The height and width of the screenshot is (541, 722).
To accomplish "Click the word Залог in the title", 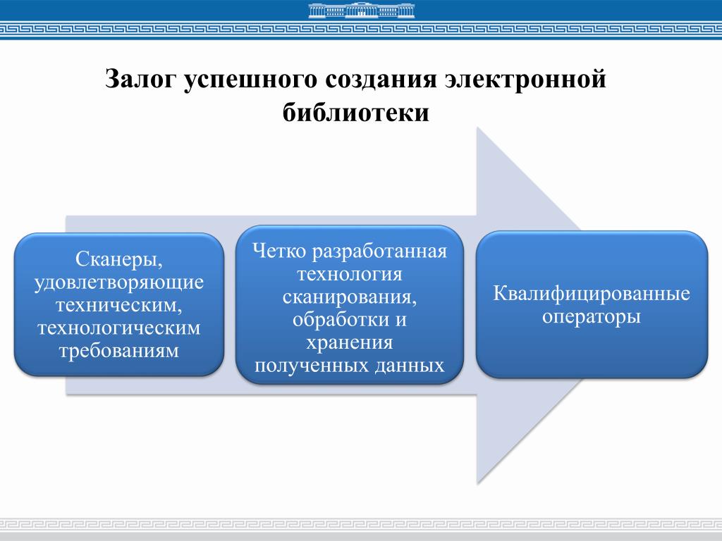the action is point(140,79).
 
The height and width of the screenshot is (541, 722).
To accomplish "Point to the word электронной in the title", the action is point(526,79).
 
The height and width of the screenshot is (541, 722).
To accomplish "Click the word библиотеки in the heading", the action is point(356,113).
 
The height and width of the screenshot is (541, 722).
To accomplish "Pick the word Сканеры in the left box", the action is point(118,260).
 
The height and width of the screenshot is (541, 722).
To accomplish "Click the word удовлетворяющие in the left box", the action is point(119,282).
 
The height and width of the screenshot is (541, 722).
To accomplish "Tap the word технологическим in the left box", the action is point(119,328).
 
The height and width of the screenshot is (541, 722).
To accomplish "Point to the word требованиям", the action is point(119,350).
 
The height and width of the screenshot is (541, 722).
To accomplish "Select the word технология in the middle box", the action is point(350,274).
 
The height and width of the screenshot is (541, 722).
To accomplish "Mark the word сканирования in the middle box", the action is point(350,297).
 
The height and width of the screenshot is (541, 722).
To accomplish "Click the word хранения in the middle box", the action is point(350,342).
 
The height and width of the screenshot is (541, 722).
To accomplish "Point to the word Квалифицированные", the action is point(591,293).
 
